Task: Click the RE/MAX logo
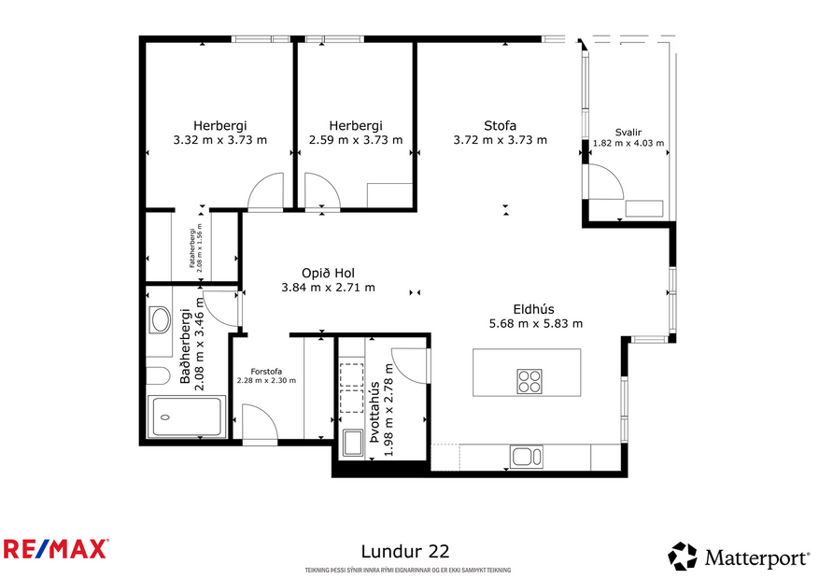[56, 548]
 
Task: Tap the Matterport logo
[739, 558]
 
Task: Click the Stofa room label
[500, 126]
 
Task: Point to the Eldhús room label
[535, 309]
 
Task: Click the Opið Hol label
[328, 273]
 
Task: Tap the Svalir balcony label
[628, 132]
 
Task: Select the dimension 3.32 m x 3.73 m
[220, 140]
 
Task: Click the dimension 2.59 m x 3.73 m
[356, 140]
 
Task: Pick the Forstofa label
[266, 370]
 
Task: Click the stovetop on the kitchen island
[530, 381]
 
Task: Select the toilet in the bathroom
[155, 376]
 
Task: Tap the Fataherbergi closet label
[194, 247]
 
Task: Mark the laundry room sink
[353, 443]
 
